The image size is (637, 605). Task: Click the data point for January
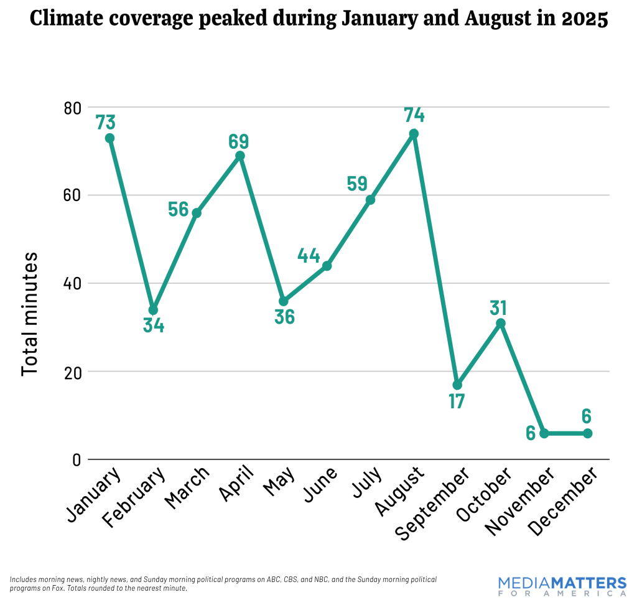tap(109, 138)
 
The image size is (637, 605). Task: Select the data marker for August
tap(414, 134)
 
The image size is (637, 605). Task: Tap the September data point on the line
tap(457, 385)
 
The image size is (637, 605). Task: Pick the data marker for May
tap(284, 301)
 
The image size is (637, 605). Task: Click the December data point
tap(587, 433)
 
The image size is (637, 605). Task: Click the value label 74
tap(414, 115)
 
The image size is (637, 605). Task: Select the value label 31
tap(498, 307)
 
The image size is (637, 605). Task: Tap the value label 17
tap(457, 401)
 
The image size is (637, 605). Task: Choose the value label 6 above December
tap(587, 416)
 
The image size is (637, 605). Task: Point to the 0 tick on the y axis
tap(76, 460)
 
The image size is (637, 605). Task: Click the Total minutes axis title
tap(29, 314)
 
